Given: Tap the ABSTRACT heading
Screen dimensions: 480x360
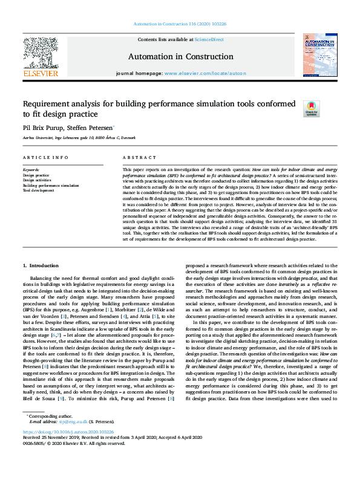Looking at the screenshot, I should tap(135, 157).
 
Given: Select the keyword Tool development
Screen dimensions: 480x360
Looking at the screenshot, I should tap(39, 190).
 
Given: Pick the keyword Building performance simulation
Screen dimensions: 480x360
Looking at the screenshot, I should tap(51, 186).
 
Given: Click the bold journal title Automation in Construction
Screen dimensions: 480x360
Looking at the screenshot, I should tap(180, 57).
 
